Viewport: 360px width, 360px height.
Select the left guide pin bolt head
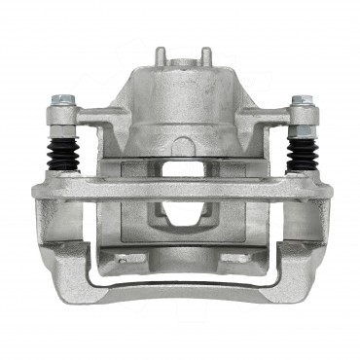coord(63,100)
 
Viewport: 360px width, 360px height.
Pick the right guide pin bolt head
coord(301,100)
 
